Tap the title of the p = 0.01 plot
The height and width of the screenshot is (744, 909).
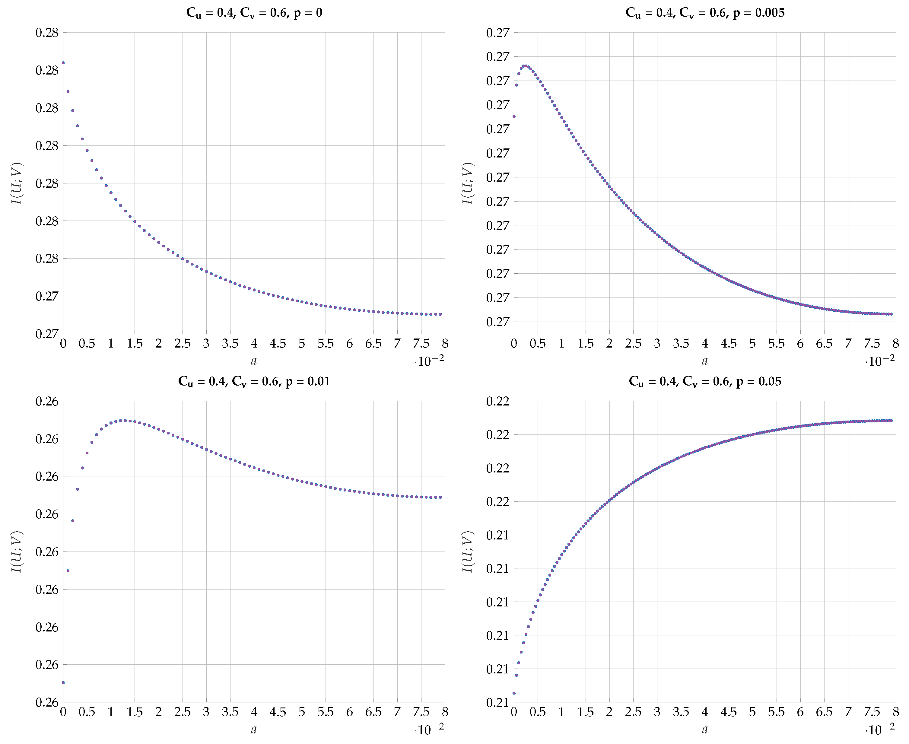pos(254,381)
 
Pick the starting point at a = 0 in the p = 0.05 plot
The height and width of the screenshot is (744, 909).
pos(514,693)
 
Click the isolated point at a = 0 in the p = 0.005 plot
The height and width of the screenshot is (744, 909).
pos(514,116)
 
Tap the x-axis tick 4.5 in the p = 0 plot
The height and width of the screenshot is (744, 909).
pos(278,344)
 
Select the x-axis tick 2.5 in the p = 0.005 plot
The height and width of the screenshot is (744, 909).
pos(633,344)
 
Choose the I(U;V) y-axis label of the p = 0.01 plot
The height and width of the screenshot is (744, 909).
pos(17,552)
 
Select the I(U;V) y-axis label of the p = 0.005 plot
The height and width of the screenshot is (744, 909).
pos(468,183)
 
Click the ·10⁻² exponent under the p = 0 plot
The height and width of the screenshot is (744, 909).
pos(429,361)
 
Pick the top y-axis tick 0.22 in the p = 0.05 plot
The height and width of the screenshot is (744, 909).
pos(497,402)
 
